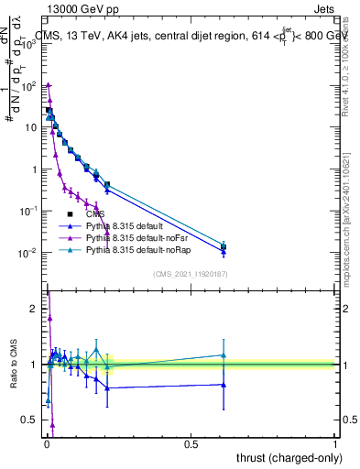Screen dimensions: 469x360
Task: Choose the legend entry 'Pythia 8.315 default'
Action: pyautogui.click(x=119, y=224)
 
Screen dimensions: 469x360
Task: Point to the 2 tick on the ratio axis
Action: pyautogui.click(x=34, y=309)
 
